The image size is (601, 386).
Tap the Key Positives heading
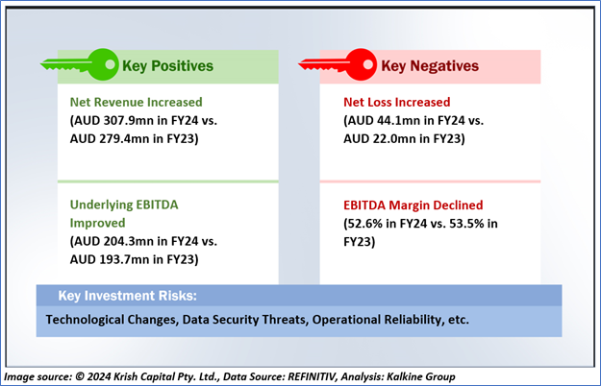point(168,66)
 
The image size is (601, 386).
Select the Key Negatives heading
point(430,66)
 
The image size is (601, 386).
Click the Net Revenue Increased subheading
point(137,102)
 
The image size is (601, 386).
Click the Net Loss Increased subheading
point(397,102)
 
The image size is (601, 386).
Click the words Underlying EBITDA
point(124,205)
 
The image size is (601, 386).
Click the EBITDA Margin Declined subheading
point(413,205)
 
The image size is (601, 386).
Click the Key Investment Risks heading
point(128,296)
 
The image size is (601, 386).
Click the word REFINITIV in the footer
point(313,376)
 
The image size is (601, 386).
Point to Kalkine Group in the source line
point(421,376)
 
